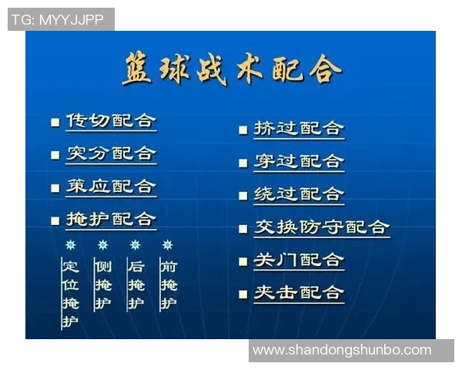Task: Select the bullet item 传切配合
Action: coord(111,121)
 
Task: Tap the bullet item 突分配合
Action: coord(111,153)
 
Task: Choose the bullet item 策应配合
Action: coord(111,187)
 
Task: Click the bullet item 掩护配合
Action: coord(111,220)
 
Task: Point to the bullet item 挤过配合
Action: coord(299,129)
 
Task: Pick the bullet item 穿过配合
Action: coord(299,161)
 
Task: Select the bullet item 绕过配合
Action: coord(299,194)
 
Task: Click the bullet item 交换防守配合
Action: coord(322,227)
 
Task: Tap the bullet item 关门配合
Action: coord(299,261)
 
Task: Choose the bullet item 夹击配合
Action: coord(299,293)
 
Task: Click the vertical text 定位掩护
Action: coord(71,294)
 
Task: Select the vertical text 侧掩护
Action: coord(103,285)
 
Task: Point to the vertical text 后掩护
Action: coord(136,285)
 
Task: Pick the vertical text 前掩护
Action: coord(168,285)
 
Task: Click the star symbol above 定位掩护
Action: coord(71,245)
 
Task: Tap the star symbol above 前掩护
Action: coord(168,245)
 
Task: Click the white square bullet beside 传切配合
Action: coord(55,122)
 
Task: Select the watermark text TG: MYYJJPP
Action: coord(59,20)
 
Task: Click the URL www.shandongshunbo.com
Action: coord(342,350)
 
